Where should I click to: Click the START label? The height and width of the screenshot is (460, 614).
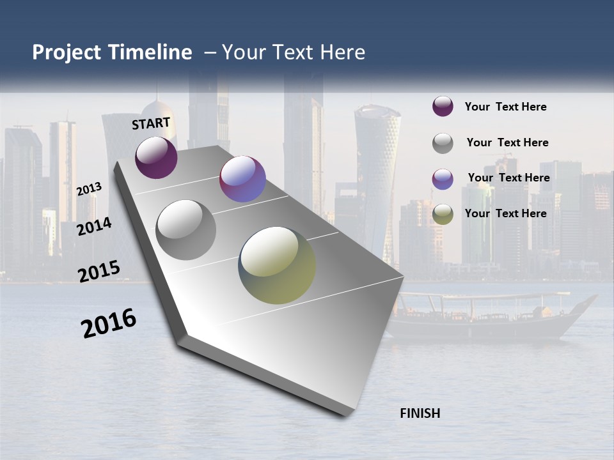151,123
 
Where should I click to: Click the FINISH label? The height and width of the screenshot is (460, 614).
420,413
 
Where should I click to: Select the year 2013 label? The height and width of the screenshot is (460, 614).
90,188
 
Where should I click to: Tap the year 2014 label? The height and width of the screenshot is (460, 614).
94,227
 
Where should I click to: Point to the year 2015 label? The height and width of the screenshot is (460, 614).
98,272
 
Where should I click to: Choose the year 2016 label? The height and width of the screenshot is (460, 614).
109,323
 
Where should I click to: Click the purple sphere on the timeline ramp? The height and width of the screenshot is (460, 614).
156,157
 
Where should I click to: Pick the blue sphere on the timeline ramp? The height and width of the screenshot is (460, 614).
242,179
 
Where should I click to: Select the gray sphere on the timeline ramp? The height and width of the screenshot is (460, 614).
186,229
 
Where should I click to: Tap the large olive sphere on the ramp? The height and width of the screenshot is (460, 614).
277,265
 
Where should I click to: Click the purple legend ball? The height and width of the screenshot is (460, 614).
443,107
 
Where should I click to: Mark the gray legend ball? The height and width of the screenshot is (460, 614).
443,142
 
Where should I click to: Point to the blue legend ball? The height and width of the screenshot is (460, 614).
443,178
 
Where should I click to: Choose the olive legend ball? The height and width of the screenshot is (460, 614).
443,213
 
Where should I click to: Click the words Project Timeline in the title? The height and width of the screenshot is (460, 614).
112,52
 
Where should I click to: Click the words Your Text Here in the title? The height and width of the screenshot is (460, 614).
293,52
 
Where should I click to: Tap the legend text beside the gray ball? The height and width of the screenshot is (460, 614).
507,142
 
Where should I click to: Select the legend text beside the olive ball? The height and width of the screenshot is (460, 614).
505,213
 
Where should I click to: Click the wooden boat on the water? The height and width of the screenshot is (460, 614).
486,316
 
